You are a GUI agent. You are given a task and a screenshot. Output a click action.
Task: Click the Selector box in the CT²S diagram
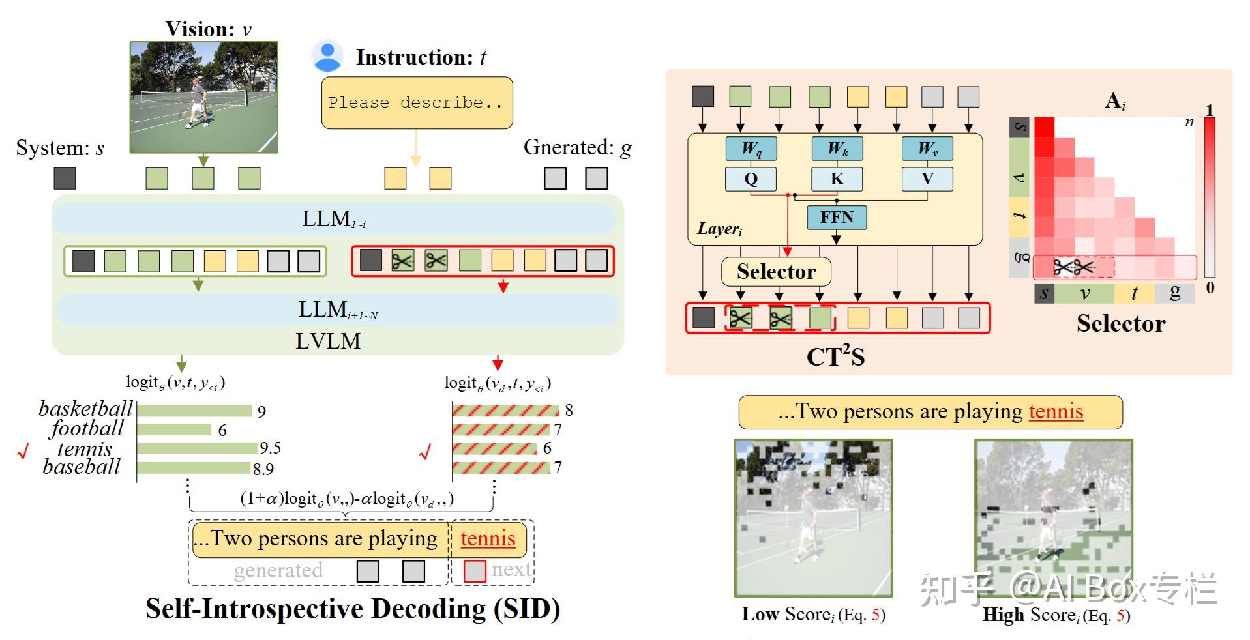tap(775, 271)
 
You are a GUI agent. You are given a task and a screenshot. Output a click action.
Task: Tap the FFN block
tap(837, 217)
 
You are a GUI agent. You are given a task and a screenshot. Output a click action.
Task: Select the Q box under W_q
tap(751, 179)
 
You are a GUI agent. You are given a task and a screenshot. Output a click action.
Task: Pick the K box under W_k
tap(837, 179)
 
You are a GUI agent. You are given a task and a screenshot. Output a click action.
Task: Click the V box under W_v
tap(927, 179)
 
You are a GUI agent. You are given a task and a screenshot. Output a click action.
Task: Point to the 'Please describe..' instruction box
tap(417, 102)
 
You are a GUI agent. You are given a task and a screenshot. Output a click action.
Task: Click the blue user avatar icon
tap(327, 56)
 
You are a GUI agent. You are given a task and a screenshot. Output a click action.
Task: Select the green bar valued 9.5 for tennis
tap(197, 448)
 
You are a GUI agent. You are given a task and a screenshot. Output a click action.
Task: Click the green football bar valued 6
tap(174, 429)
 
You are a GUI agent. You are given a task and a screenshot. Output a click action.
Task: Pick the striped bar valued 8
tap(506, 410)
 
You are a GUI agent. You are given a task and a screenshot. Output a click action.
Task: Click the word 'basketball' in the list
tap(85, 409)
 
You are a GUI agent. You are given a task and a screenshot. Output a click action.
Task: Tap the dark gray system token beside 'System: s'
tap(65, 178)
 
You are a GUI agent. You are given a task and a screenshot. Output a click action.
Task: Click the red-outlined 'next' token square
tap(474, 571)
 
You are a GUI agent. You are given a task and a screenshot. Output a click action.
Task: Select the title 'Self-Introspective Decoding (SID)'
tap(352, 609)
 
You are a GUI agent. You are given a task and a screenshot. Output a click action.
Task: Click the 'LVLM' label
tap(328, 341)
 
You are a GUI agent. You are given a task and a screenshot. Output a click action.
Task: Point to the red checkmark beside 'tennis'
tap(23, 451)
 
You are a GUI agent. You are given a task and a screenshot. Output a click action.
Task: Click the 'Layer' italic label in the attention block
tap(719, 229)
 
